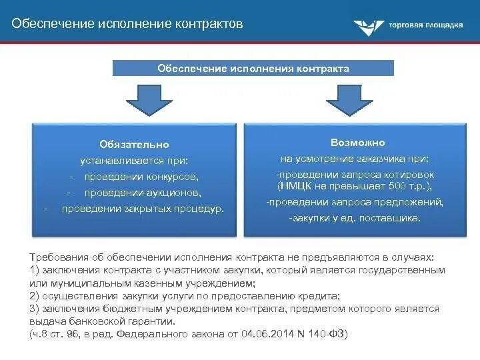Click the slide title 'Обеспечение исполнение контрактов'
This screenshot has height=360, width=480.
(x=127, y=23)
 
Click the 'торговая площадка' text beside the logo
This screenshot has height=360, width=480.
(x=425, y=26)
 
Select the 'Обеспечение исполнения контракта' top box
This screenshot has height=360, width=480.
(x=253, y=68)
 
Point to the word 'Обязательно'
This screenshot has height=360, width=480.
(x=134, y=144)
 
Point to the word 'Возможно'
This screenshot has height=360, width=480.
(x=357, y=143)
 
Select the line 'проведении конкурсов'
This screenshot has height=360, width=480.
(x=141, y=177)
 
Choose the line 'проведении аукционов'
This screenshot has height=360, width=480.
(x=142, y=193)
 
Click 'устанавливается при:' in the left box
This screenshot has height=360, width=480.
(x=134, y=161)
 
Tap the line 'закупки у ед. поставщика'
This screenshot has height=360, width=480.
(x=355, y=218)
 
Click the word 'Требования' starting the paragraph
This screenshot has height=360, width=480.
(x=57, y=257)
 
